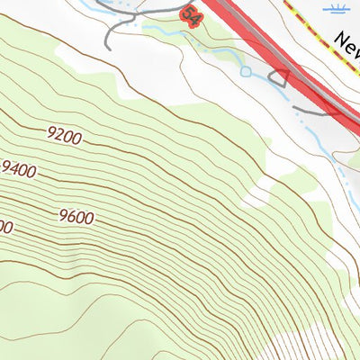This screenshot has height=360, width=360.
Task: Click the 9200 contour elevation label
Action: (x=64, y=137)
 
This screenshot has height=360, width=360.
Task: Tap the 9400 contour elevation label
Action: (x=19, y=169)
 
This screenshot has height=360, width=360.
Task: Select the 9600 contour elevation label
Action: (x=76, y=216)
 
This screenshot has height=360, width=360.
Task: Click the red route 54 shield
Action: (x=191, y=15)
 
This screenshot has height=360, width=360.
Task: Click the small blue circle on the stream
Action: (x=245, y=70)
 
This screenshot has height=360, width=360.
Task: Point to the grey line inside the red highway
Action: (x=261, y=45)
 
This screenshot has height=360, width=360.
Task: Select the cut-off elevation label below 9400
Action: (x=4, y=229)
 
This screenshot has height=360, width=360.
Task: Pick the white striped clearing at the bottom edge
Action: (x=310, y=346)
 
